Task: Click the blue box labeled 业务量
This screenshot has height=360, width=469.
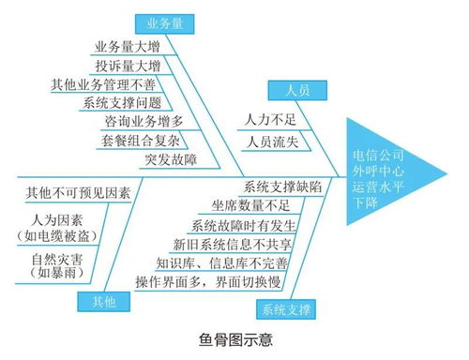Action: click(165, 22)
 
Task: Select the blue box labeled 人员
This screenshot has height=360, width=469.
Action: click(290, 90)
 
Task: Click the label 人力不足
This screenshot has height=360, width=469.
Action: click(269, 121)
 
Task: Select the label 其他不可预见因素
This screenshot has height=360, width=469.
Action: click(77, 192)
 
